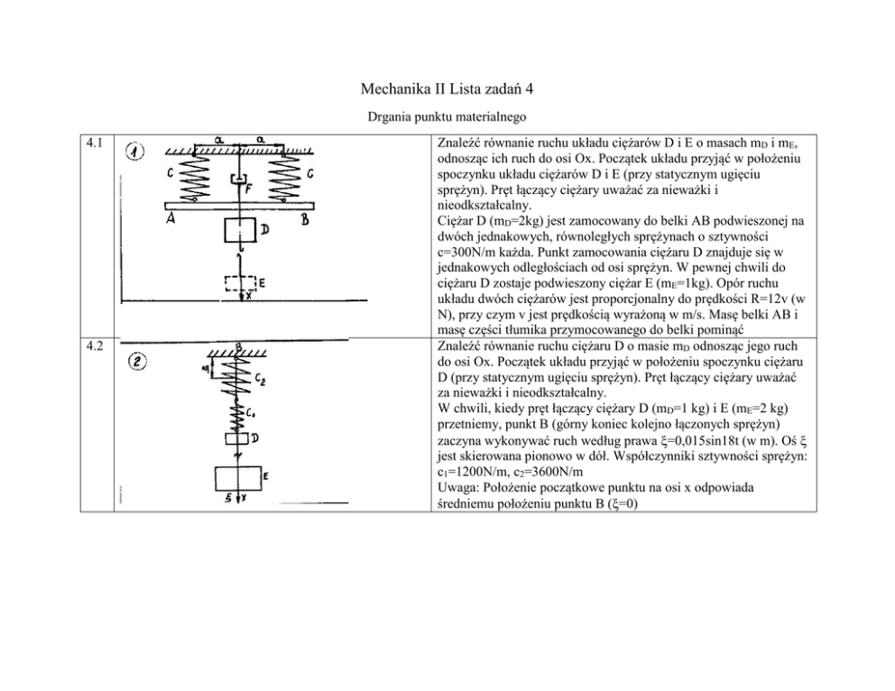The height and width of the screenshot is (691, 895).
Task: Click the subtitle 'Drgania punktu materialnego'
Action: coord(447,117)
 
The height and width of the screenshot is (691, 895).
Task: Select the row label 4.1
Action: coord(94,143)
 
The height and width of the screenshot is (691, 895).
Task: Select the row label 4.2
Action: coord(94,345)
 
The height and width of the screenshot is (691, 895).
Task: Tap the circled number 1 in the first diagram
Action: coord(135,152)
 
